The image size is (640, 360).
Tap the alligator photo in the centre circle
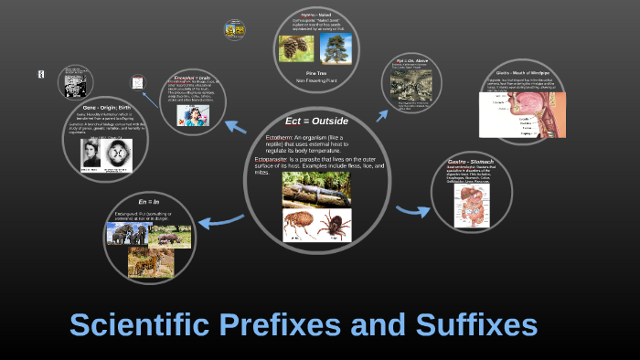click(315, 190)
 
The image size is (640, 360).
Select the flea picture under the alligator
click(299, 224)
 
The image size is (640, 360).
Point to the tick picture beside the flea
click(334, 224)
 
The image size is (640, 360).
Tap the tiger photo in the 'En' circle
click(150, 262)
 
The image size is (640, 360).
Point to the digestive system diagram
click(474, 202)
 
